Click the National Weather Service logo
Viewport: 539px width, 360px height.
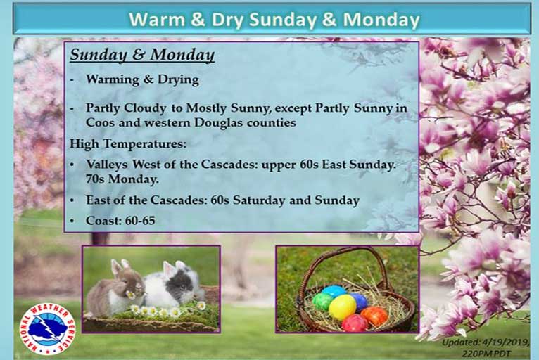(x=48, y=329)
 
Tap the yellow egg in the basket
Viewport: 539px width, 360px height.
(x=342, y=307)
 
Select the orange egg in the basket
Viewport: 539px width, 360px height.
(x=374, y=316)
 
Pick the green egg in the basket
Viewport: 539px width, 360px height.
(x=323, y=301)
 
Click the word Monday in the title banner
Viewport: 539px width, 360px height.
(x=381, y=20)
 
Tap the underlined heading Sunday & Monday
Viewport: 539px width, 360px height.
(x=142, y=55)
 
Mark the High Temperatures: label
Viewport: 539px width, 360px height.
(x=128, y=143)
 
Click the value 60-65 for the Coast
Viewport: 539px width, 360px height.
(x=140, y=221)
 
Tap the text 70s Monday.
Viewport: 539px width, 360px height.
(x=122, y=179)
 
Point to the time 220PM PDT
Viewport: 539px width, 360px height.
(x=486, y=354)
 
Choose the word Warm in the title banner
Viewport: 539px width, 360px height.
(x=157, y=20)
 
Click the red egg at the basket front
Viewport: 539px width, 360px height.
(x=355, y=323)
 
